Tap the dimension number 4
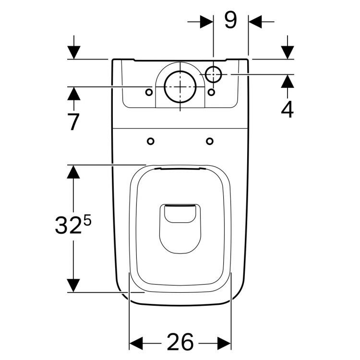coord(287,109)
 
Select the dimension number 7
coord(73,122)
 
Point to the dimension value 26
coord(180,342)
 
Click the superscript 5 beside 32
coord(87,221)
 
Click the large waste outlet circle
coord(180,87)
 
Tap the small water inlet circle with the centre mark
coord(214,74)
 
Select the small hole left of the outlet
coord(149,92)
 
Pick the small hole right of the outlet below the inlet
coord(211,92)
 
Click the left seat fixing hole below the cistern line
coord(151,141)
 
